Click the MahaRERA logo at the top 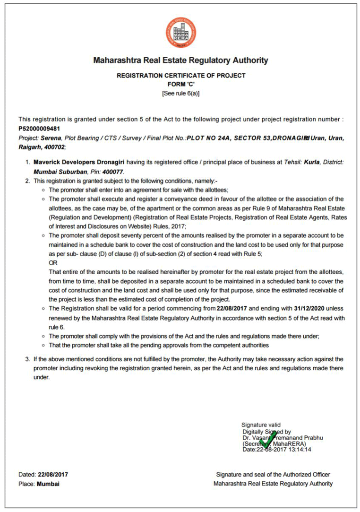(180, 32)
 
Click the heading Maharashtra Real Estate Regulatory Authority (180, 61)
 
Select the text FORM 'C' (181, 84)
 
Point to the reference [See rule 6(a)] (180, 93)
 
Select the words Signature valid (261, 425)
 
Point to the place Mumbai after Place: (48, 484)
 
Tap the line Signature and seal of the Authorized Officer (273, 474)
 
